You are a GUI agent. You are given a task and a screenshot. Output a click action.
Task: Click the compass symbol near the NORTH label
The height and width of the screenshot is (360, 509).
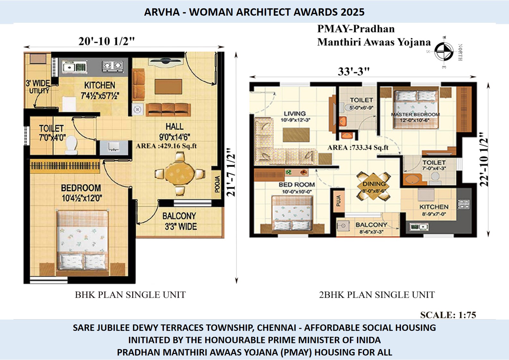pyautogui.click(x=444, y=52)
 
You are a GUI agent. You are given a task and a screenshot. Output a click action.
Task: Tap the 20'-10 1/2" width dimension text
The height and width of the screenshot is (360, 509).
pyautogui.click(x=106, y=42)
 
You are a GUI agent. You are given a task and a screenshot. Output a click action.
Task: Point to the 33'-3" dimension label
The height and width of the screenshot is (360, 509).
pyautogui.click(x=353, y=71)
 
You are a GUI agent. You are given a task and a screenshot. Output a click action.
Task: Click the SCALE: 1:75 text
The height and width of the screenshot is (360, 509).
pyautogui.click(x=448, y=315)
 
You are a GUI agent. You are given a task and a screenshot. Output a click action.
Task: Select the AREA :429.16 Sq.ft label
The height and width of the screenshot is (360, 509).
pyautogui.click(x=166, y=146)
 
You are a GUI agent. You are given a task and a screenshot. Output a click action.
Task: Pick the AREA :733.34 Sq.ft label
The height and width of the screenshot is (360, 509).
pyautogui.click(x=358, y=148)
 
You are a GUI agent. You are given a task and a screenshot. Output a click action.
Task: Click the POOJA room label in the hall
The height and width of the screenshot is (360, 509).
pyautogui.click(x=217, y=184)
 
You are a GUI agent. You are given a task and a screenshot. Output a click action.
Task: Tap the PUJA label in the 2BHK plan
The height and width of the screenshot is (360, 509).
pyautogui.click(x=339, y=201)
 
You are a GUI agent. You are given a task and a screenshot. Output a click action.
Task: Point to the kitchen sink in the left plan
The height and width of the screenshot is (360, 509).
pyautogui.click(x=74, y=67)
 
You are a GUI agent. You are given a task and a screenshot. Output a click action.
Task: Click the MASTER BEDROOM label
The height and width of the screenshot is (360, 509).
pyautogui.click(x=415, y=115)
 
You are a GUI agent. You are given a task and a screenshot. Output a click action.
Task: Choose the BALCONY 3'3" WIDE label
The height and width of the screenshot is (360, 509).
pyautogui.click(x=180, y=221)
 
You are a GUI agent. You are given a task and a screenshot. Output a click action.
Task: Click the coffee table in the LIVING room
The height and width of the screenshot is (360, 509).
pyautogui.click(x=296, y=135)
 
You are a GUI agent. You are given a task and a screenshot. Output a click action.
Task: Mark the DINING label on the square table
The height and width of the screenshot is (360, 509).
pyautogui.click(x=374, y=184)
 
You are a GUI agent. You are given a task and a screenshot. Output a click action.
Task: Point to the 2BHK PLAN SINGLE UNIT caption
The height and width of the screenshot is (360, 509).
pyautogui.click(x=377, y=295)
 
